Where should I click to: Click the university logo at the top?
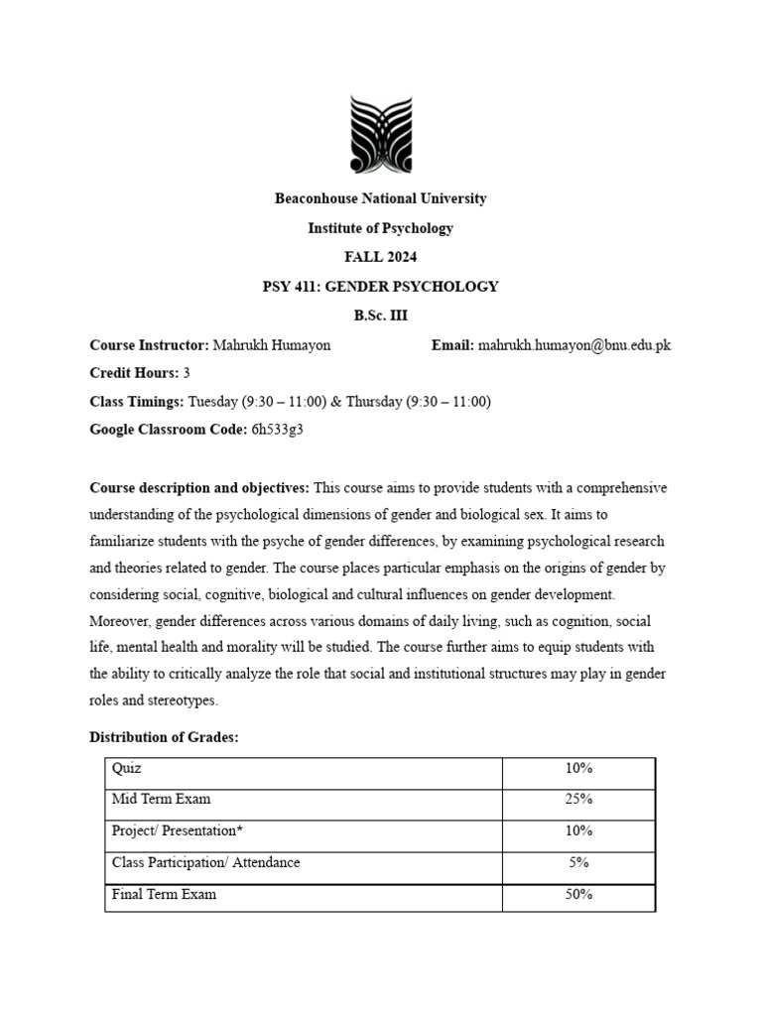[380, 134]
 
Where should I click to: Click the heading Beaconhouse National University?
[380, 198]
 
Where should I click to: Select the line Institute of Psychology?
[380, 228]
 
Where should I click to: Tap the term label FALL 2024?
[380, 257]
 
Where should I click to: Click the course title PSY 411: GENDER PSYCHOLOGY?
[380, 287]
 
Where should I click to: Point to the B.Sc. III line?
[380, 316]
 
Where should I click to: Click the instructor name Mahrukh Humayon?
[272, 345]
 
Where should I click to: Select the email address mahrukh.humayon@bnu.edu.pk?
[574, 345]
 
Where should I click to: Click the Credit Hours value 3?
[187, 373]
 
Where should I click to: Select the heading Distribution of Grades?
[164, 737]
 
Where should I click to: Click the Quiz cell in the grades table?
[128, 768]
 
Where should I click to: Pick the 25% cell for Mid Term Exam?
[578, 799]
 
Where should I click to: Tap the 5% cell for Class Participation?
[578, 862]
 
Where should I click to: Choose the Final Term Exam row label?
[164, 894]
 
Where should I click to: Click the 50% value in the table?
[578, 894]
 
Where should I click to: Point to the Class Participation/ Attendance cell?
[205, 862]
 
